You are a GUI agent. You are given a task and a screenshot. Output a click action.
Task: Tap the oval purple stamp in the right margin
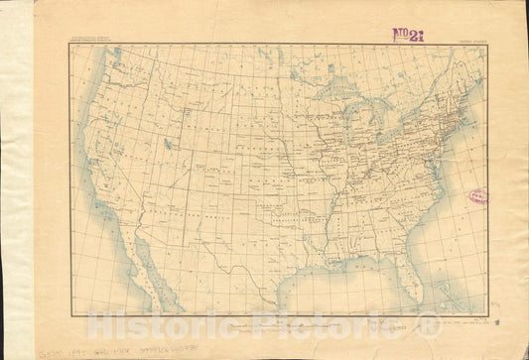tap(478, 197)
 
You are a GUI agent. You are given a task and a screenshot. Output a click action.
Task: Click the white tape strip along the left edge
tap(16, 179)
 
